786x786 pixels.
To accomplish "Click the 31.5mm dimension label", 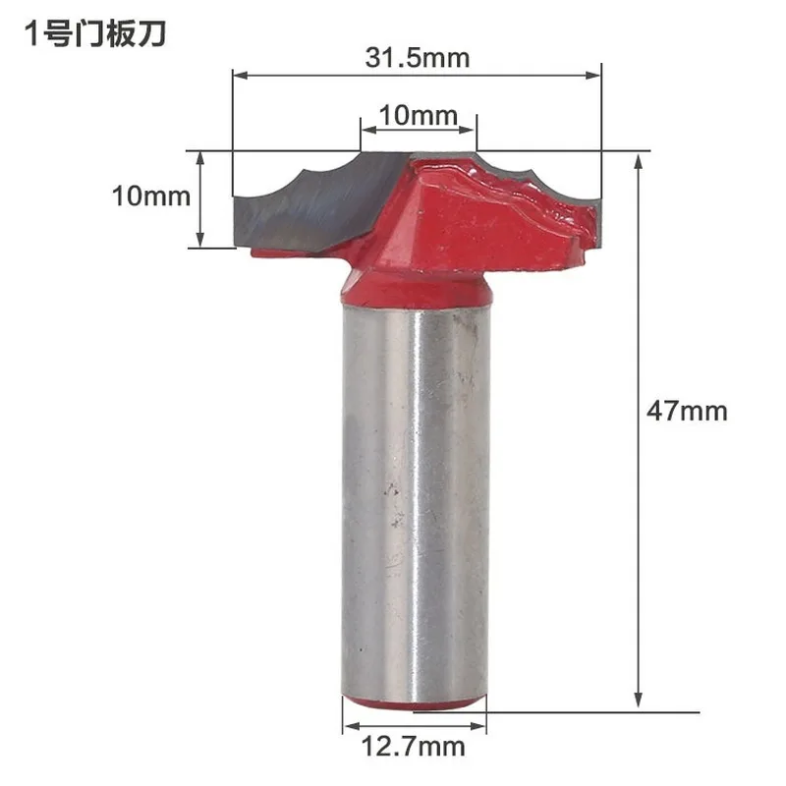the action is [x=418, y=58].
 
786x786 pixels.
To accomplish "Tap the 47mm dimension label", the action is [x=687, y=411].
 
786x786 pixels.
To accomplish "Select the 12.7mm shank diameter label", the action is [x=413, y=747].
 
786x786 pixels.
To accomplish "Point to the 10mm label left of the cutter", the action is [x=151, y=196].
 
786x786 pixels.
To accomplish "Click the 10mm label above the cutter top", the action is [x=419, y=115].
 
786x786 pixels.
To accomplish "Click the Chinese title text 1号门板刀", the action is [x=94, y=34].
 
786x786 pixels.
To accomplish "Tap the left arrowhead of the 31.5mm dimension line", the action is [x=241, y=76].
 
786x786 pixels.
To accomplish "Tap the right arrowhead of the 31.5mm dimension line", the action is [x=593, y=76].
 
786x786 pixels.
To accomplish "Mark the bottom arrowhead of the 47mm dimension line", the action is [x=638, y=700].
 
